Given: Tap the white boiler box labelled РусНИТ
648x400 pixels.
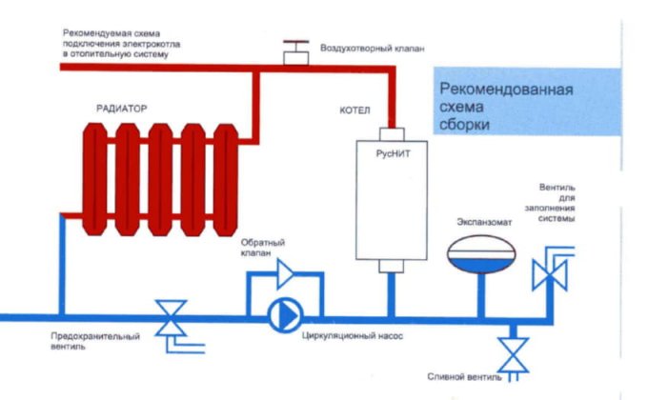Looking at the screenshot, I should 389,200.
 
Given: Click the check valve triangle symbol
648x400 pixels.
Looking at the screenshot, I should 283,275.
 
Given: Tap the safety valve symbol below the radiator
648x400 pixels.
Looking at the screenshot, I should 172,317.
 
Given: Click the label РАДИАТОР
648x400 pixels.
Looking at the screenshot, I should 121,109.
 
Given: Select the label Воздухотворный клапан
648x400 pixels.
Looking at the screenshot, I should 365,46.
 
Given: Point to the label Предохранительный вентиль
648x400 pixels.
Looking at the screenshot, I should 94,341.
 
